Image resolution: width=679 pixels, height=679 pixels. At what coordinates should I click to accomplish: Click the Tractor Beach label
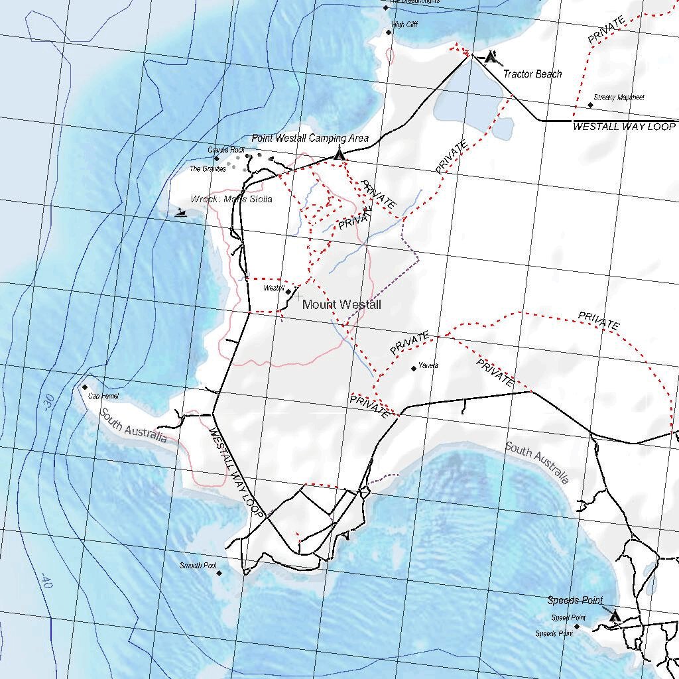(532, 74)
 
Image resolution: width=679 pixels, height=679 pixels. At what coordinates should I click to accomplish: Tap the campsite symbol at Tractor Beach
(491, 57)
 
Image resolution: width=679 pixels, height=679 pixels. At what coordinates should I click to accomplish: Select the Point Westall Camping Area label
(310, 138)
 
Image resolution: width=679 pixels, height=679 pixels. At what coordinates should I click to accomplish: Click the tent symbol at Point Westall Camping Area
(339, 154)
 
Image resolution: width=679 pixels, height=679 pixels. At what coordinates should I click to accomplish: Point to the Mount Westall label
(341, 304)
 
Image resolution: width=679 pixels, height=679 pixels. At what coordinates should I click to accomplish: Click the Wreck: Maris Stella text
(231, 199)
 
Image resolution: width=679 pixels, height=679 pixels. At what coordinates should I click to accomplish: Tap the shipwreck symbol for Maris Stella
(181, 213)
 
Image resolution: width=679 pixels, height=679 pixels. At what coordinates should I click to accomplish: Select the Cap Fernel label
(103, 397)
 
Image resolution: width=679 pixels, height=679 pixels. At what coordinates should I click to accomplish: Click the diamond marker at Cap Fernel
(85, 387)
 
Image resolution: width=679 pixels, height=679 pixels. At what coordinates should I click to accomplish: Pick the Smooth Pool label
(198, 566)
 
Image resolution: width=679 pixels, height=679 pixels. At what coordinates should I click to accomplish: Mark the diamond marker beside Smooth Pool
(219, 573)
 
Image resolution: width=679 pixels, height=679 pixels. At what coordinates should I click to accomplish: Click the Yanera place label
(428, 365)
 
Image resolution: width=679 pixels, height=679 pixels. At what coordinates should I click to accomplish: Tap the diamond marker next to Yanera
(414, 368)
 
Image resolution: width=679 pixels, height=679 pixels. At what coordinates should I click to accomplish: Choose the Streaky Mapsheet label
(619, 97)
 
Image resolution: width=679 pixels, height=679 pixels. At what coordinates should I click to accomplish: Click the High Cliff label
(404, 25)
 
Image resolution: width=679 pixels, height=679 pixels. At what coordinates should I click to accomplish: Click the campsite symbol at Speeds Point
(614, 616)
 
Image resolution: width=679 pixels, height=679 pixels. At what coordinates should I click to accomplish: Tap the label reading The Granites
(208, 169)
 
